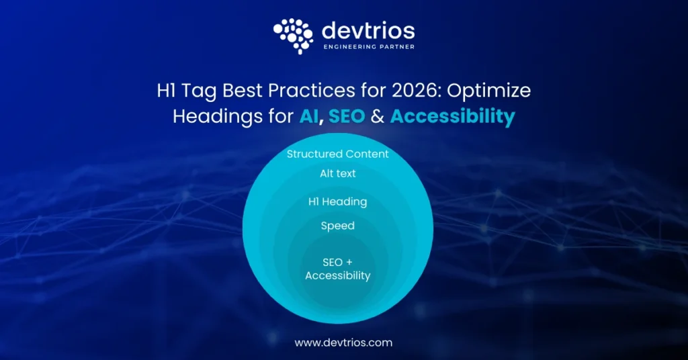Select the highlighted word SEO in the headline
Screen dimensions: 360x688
pyautogui.click(x=347, y=116)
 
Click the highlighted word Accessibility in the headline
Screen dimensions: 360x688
pyautogui.click(x=452, y=116)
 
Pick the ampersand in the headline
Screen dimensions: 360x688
pyautogui.click(x=378, y=116)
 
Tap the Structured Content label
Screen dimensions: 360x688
pyautogui.click(x=338, y=154)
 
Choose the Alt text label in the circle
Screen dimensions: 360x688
pyautogui.click(x=338, y=173)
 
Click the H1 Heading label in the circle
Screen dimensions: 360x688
pyautogui.click(x=338, y=201)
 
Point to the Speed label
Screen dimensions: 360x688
pyautogui.click(x=338, y=226)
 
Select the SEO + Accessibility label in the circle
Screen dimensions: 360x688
pyautogui.click(x=338, y=269)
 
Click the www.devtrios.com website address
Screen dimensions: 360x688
pyautogui.click(x=343, y=343)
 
